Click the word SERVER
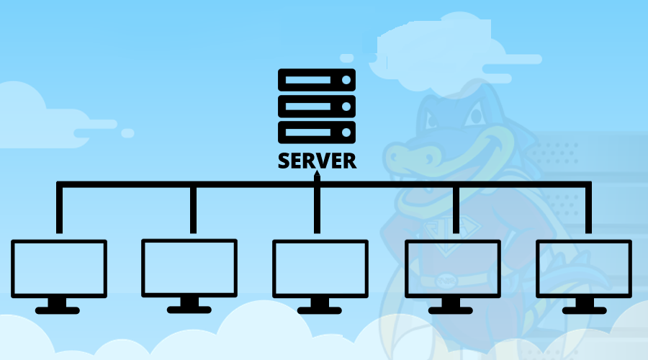317,161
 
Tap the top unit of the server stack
317,80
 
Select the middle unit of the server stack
317,107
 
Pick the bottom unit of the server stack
317,132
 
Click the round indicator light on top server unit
346,80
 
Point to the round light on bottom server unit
346,132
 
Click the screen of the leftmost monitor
59,269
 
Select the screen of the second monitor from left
189,268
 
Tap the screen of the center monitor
320,269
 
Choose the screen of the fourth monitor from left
453,269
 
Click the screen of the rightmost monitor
584,269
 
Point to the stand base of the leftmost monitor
58,310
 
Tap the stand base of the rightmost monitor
585,310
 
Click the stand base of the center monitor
320,310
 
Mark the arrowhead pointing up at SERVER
317,174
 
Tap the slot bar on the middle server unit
308,107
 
